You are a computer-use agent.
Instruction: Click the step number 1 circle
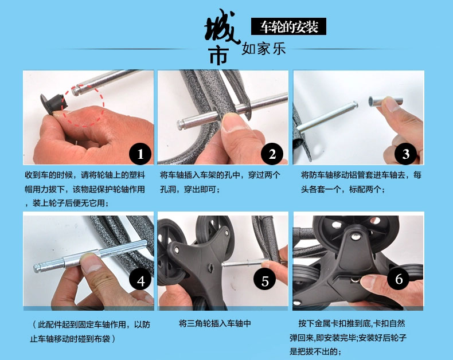click(140, 154)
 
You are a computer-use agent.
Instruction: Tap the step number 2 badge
click(272, 154)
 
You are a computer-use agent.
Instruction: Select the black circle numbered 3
click(406, 154)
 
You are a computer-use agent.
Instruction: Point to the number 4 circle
click(140, 280)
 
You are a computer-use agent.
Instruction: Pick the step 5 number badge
click(265, 280)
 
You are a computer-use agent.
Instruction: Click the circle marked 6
click(399, 278)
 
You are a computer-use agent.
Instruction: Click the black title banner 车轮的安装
click(288, 26)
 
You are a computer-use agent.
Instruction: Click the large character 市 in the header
click(219, 56)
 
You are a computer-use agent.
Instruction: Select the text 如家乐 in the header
click(263, 48)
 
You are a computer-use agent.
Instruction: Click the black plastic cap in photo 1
click(53, 103)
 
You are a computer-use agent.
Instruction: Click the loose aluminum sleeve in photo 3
click(385, 101)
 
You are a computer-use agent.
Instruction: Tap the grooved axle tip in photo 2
click(181, 125)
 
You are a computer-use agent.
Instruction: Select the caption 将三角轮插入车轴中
click(215, 323)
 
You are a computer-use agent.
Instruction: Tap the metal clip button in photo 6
click(355, 279)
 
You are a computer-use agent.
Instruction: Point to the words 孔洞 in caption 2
click(168, 189)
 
